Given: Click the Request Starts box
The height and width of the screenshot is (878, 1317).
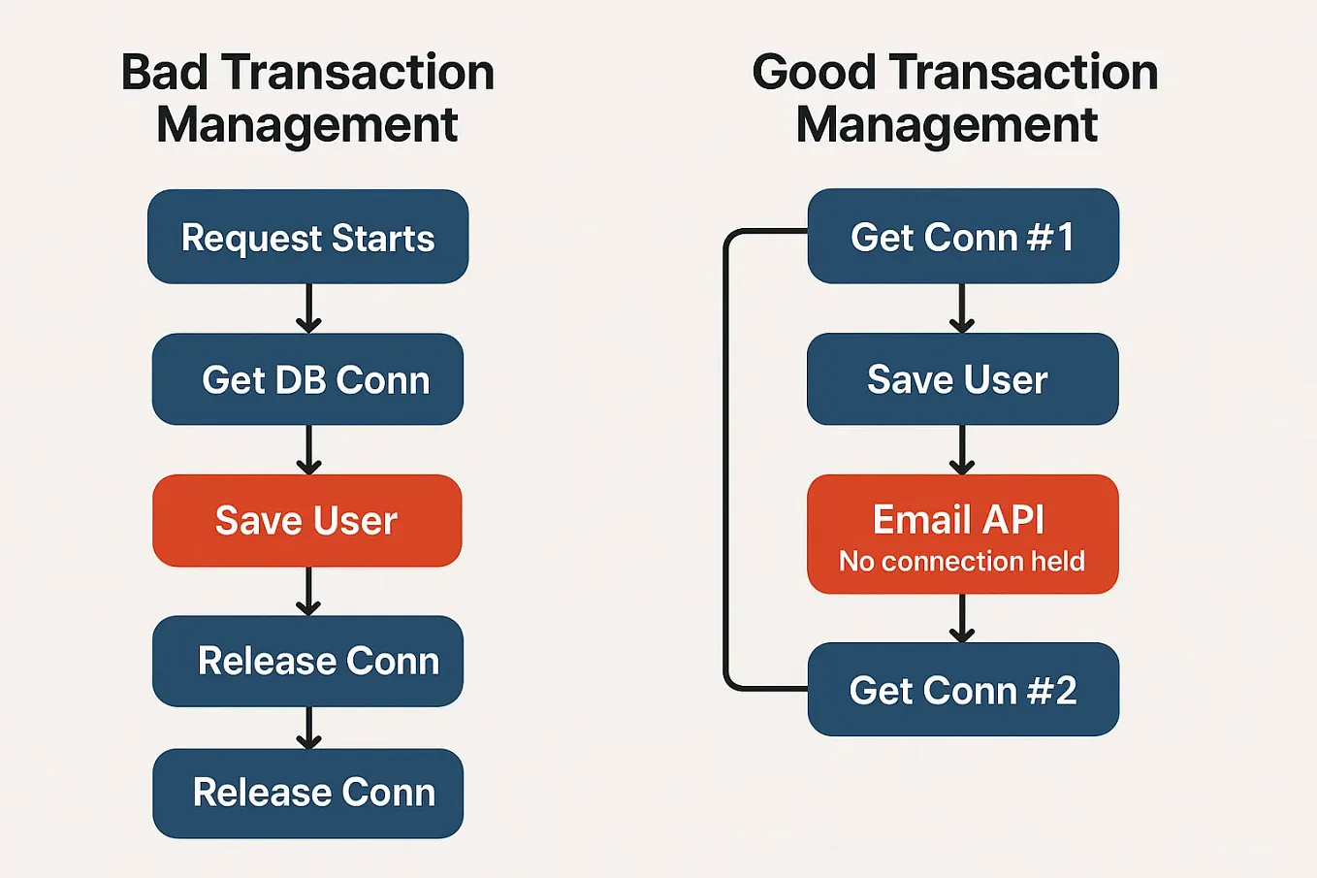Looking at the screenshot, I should click(307, 237).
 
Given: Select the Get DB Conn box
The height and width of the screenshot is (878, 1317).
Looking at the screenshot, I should click(307, 379).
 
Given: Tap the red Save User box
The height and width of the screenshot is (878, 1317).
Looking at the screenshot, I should click(306, 521).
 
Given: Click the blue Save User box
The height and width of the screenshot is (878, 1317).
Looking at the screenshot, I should click(962, 379).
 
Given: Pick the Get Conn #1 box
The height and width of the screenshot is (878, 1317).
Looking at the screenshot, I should click(962, 237).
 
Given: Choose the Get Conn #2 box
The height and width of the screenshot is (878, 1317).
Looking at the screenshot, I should click(962, 690).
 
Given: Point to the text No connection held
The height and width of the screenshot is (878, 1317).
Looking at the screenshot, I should click(961, 562).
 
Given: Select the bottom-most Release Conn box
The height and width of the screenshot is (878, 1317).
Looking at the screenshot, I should click(307, 793).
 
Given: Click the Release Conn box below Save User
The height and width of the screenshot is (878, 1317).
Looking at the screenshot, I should click(307, 661).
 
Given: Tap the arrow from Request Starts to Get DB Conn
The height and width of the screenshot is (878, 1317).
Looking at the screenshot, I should click(308, 309).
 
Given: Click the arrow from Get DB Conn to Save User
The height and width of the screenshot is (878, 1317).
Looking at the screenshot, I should click(308, 450).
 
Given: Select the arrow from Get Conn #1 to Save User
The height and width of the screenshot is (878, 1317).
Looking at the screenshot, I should click(962, 309).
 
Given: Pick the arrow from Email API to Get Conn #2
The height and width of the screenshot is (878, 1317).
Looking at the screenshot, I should click(962, 618).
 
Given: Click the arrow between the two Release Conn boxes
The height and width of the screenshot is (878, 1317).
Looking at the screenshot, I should click(308, 728).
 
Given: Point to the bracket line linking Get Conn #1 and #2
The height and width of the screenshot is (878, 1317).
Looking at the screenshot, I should click(725, 461).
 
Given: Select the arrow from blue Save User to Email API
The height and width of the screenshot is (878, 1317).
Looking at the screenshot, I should click(962, 450).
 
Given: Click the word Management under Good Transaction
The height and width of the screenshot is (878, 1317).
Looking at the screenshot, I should click(947, 125).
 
